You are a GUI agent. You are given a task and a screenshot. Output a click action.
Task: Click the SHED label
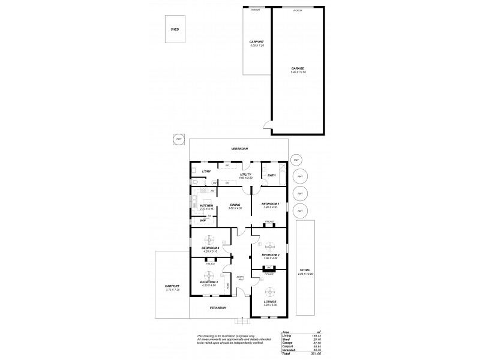click(175, 29)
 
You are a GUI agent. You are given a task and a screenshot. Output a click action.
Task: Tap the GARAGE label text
click(298, 68)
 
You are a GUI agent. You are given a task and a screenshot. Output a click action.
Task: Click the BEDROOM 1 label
click(271, 204)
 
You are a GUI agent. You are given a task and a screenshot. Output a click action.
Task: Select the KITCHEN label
click(207, 205)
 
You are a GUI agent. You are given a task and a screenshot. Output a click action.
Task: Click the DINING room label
click(235, 205)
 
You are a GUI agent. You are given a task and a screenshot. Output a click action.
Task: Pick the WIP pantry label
click(203, 220)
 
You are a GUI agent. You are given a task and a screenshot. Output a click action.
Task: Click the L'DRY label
click(206, 172)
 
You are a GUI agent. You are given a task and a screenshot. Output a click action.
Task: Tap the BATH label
click(271, 175)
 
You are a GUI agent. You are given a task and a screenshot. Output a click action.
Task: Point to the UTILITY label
click(245, 175)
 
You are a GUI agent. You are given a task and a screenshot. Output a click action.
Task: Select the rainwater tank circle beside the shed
click(179, 139)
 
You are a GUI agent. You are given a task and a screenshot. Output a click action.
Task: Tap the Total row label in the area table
click(287, 355)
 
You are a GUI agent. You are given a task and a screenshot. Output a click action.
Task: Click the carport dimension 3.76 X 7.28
click(172, 289)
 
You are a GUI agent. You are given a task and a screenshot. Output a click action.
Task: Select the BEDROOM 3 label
click(208, 281)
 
